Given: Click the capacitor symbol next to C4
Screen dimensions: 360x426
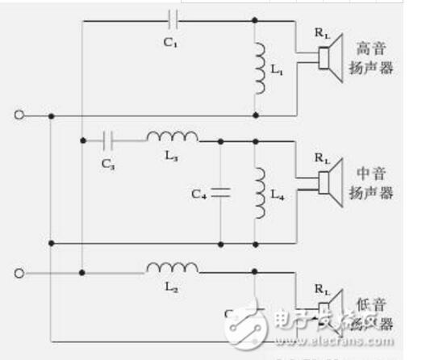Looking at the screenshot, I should coord(220,192).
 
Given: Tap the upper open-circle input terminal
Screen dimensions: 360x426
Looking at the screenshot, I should coord(18,115).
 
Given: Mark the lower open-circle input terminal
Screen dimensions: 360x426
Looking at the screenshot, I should coord(18,272).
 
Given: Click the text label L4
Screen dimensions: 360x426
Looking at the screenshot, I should coord(278,195).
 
